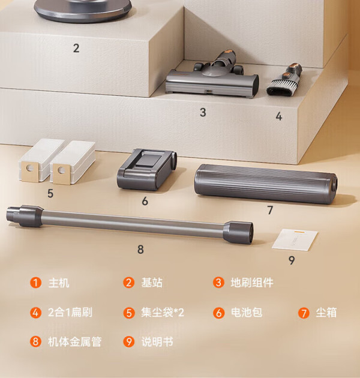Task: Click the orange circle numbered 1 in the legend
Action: (x=35, y=283)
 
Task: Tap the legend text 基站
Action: (x=152, y=283)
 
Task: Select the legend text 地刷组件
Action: (x=252, y=283)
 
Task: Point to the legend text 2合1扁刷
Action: (x=70, y=313)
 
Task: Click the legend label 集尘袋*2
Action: (x=163, y=313)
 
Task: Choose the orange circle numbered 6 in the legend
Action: (x=219, y=313)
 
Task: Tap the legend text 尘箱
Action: (x=326, y=313)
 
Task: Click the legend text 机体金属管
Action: (x=74, y=341)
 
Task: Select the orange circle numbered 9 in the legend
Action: (x=129, y=341)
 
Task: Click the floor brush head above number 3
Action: (x=212, y=76)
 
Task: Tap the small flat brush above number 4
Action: (x=284, y=80)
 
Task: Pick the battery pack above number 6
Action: (x=147, y=169)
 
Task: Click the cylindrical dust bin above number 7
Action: (x=266, y=184)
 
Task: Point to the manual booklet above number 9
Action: (x=295, y=240)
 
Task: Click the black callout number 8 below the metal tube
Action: (x=140, y=249)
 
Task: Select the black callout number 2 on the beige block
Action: (x=76, y=48)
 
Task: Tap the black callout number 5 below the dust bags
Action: (x=50, y=193)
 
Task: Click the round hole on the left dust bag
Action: (x=30, y=167)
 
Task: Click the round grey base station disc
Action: (x=83, y=10)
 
